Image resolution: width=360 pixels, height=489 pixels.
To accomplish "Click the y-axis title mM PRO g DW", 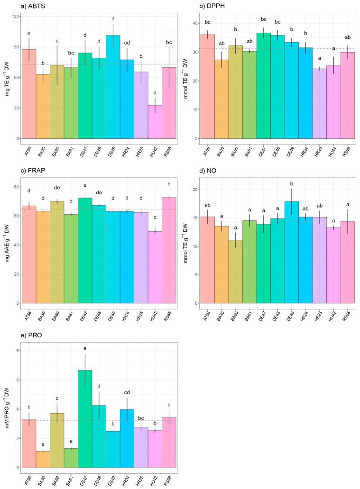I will (x=6, y=403).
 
